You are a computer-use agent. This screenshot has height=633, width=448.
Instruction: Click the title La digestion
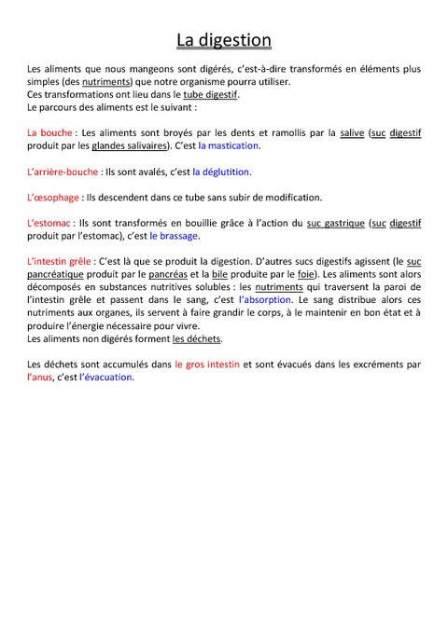(224, 40)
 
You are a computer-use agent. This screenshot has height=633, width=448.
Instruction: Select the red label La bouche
(49, 132)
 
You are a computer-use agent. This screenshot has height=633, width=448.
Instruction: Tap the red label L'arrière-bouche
(63, 172)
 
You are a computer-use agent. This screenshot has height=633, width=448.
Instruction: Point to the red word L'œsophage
(54, 198)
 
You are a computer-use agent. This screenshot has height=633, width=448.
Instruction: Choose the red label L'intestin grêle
(61, 262)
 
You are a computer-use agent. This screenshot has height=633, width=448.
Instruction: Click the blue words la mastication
(229, 146)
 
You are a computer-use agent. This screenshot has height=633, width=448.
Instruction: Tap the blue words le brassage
(175, 237)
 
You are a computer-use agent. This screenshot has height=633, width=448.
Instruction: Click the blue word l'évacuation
(106, 378)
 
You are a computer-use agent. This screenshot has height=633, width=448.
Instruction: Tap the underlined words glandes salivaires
(130, 146)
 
